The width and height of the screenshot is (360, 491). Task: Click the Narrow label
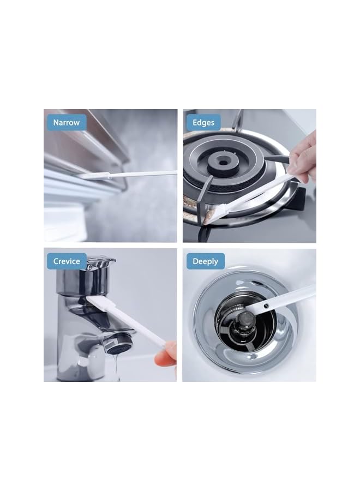pyautogui.click(x=67, y=122)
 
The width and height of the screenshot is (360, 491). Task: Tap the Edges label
pyautogui.click(x=203, y=122)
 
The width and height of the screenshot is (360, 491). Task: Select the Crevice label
pyautogui.click(x=67, y=261)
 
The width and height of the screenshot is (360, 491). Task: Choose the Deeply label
pyautogui.click(x=205, y=261)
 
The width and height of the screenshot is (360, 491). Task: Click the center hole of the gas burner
pyautogui.click(x=223, y=163)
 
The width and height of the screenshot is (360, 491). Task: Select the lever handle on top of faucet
pyautogui.click(x=100, y=262)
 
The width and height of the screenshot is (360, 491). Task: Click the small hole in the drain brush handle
pyautogui.click(x=266, y=304)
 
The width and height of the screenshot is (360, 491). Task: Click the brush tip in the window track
pyautogui.click(x=94, y=176)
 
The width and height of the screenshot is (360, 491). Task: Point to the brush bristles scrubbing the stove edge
pyautogui.click(x=219, y=213)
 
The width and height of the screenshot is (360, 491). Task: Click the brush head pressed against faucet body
pyautogui.click(x=98, y=302)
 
